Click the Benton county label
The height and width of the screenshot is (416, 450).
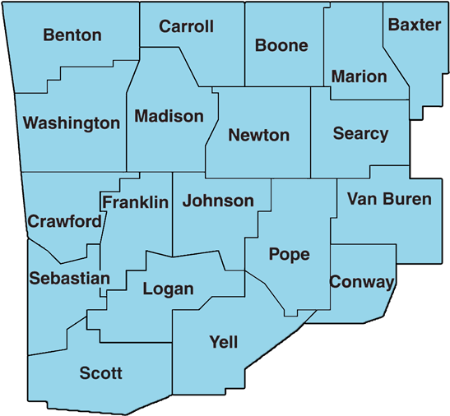pos(72,35)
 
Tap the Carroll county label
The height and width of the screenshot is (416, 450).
pos(186,26)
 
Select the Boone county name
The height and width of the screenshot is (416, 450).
pos(281,45)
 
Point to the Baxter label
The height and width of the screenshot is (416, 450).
pos(415,25)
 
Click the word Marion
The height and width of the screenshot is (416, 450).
pos(359,76)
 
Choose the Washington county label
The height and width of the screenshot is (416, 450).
pos(72,123)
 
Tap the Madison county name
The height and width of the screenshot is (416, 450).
pos(169,116)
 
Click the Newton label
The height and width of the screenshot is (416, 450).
pos(258,135)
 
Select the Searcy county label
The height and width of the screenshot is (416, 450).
pos(360,133)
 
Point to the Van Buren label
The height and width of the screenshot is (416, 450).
pos(389,199)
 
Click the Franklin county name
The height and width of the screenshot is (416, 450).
pos(135,201)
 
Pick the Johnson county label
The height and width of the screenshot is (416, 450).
pos(218,201)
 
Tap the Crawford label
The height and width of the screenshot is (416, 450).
pos(65,221)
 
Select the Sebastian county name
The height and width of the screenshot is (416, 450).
pos(69,278)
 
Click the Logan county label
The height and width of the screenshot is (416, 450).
pos(168,289)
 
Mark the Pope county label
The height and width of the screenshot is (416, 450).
pos(290,254)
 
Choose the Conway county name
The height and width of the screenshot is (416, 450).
pos(362,282)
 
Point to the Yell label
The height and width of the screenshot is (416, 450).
pos(224,342)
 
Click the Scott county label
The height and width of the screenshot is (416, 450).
pos(100,373)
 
